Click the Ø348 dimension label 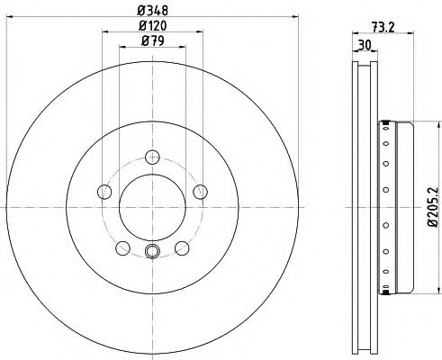152,11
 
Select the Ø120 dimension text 152,26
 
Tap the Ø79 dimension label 152,40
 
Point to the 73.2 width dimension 383,28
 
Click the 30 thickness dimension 365,45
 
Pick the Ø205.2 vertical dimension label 433,207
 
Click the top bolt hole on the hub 152,157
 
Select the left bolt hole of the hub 104,192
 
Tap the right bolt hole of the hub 200,192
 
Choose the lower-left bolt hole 122,248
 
